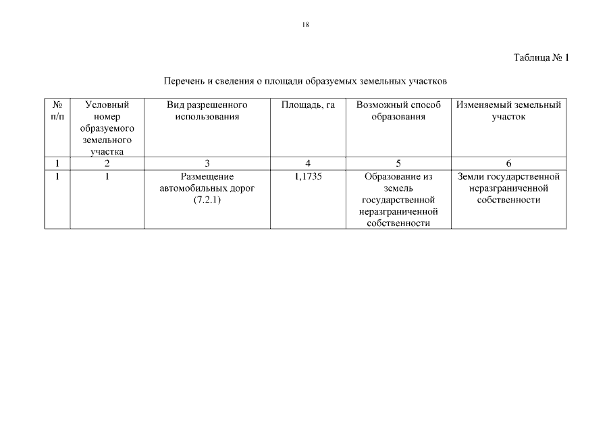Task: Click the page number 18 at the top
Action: coord(306,24)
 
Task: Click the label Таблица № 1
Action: coord(541,57)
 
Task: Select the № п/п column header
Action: coord(57,111)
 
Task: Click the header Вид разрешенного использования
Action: coord(207,111)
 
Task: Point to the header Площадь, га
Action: coord(308,105)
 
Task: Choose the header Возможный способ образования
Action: coord(398,111)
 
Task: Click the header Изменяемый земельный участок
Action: coord(508,111)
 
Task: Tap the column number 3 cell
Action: coord(207,163)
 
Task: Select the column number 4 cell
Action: coord(308,163)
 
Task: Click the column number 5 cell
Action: coord(398,163)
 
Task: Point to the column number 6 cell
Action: coord(508,163)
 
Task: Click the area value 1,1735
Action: coord(308,177)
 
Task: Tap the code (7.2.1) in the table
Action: coord(207,200)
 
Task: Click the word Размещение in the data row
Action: coord(207,177)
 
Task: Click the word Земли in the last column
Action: coord(469,177)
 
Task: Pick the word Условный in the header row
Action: coord(107,105)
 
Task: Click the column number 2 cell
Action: coord(107,163)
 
